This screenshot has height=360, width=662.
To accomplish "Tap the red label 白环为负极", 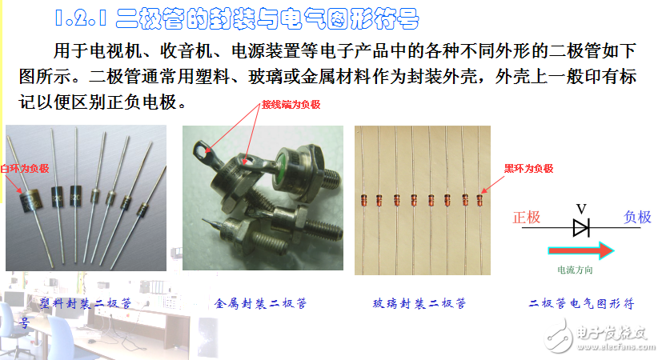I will [25, 168].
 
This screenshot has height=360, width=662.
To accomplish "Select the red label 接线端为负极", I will [291, 105].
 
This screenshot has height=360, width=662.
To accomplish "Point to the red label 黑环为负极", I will [528, 168].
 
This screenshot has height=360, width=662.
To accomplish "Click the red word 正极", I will [527, 218].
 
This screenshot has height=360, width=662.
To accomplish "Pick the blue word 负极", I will [638, 218].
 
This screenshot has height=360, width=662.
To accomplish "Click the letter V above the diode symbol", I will [581, 209].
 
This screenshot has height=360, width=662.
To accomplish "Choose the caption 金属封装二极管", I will [261, 304].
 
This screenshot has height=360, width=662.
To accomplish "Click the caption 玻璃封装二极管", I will [419, 304].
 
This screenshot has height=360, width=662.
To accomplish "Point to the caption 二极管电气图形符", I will [582, 304].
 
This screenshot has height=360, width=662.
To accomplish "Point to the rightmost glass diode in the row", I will [480, 198].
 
